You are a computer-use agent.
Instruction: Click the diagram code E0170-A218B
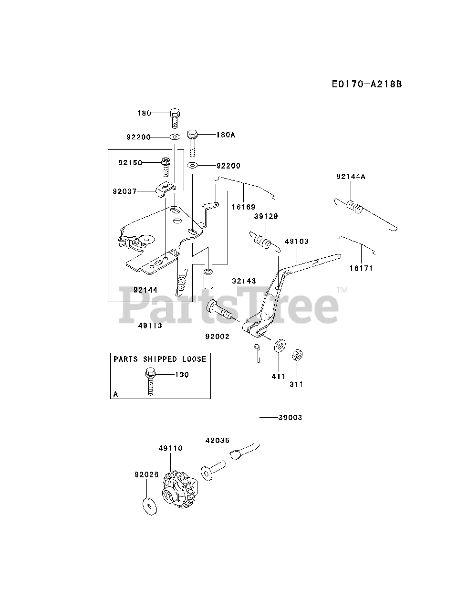[367, 84]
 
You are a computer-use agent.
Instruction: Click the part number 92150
[130, 163]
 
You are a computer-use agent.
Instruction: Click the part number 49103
[297, 242]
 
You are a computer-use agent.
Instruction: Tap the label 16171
[361, 268]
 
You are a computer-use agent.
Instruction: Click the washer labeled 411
[279, 347]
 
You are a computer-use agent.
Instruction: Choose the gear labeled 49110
[178, 490]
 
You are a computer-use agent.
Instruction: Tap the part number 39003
[290, 418]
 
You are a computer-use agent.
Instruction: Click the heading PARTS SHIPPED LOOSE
[160, 359]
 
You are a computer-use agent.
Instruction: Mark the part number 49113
[150, 326]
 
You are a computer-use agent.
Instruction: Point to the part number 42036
[218, 441]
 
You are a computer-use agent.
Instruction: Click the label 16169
[244, 207]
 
